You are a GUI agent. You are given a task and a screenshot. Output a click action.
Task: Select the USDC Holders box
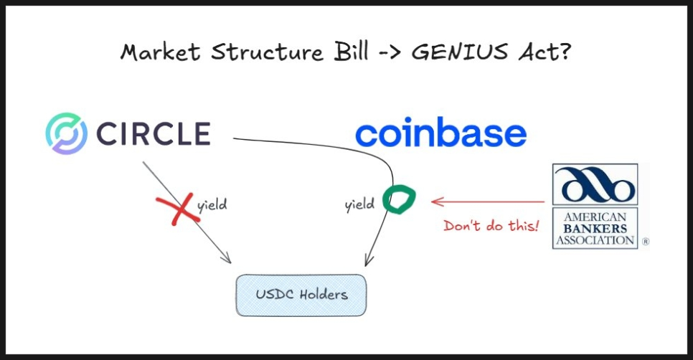301,295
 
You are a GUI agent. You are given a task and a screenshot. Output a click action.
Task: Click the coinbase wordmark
440,134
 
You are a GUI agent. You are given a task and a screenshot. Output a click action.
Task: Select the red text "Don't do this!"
491,226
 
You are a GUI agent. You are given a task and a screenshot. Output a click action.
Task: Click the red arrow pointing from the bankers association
488,202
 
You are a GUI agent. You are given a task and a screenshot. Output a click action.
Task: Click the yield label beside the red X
212,204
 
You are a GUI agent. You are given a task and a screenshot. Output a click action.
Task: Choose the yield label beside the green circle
359,205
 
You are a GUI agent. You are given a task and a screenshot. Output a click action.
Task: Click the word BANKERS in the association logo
595,229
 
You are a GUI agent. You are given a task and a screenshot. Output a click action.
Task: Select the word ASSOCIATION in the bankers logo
595,240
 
